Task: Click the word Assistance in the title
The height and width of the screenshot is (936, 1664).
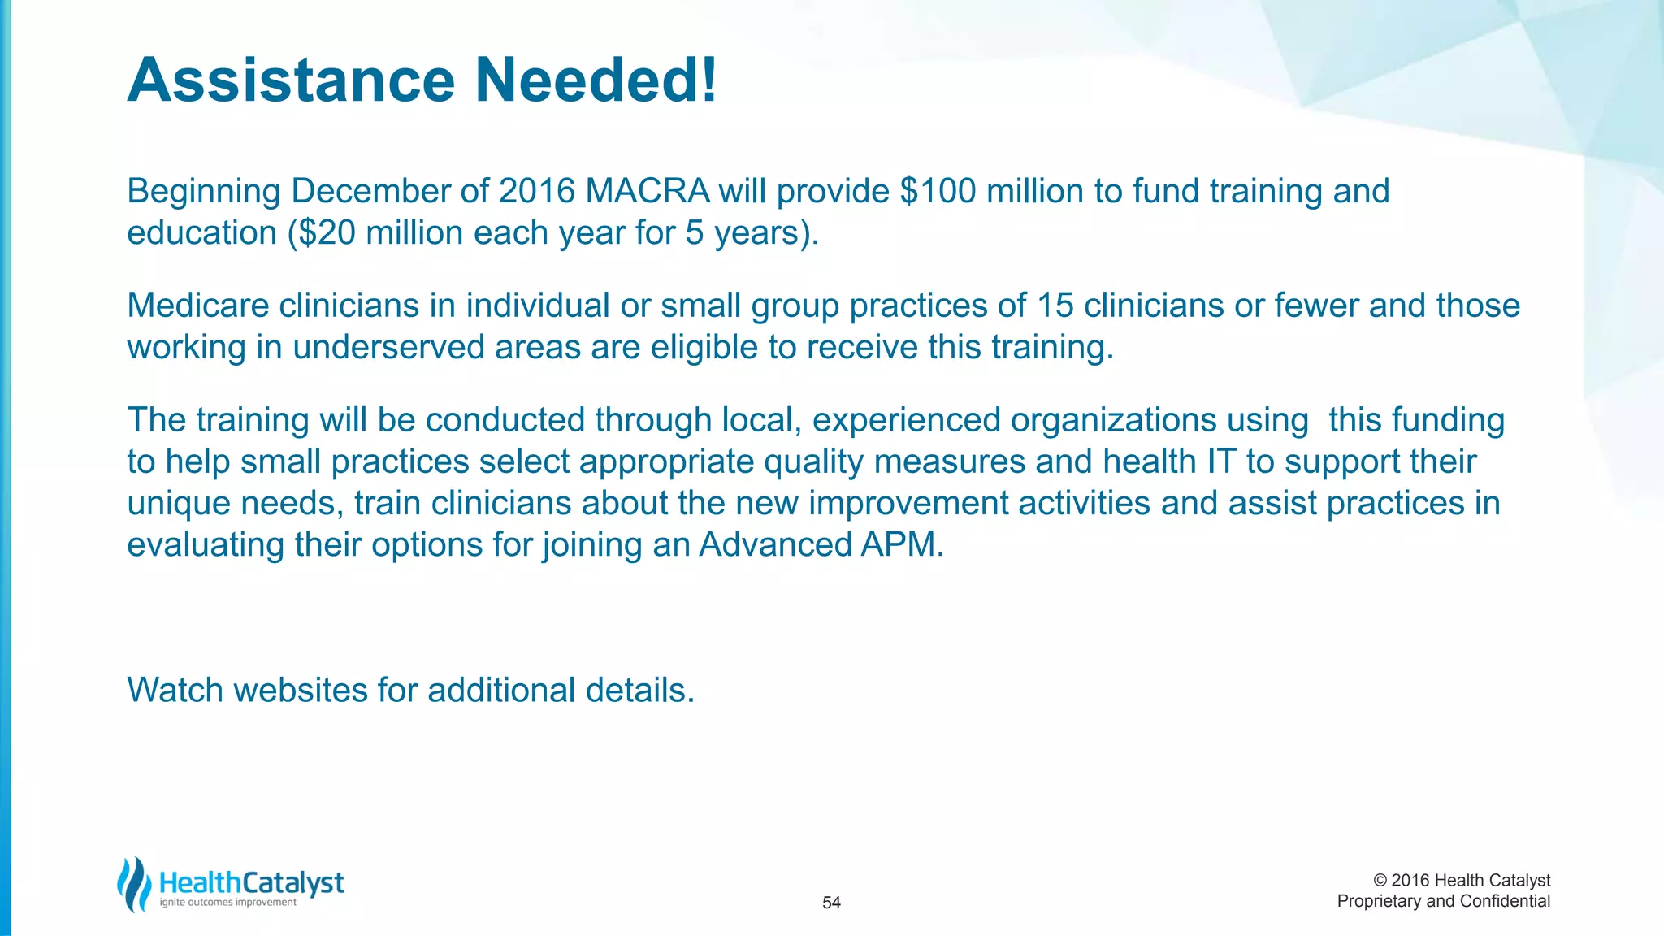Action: (x=291, y=80)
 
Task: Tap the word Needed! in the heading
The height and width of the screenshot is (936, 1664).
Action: (x=596, y=80)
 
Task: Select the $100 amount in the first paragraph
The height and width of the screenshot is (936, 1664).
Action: (x=938, y=192)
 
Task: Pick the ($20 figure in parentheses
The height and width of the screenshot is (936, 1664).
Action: (x=322, y=233)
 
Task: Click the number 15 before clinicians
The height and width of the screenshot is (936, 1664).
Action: (x=1055, y=306)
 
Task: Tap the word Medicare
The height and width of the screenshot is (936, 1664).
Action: (x=197, y=306)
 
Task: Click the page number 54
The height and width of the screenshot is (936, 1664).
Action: (x=831, y=903)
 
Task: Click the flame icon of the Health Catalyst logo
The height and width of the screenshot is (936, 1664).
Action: (x=134, y=884)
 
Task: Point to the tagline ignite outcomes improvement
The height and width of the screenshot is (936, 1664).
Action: (x=228, y=903)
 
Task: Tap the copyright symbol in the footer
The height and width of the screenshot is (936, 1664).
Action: (x=1380, y=881)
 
